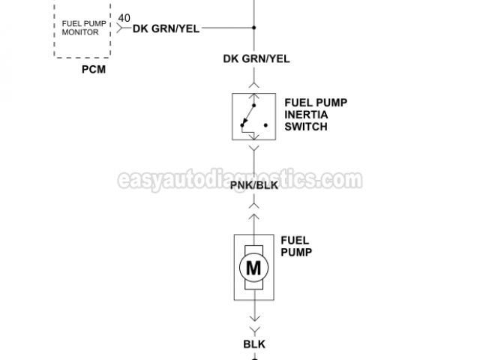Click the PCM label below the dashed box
point(94,70)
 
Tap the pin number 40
point(124,17)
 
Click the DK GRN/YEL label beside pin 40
point(166,28)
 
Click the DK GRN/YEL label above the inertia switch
point(256,58)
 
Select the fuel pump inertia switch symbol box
point(255,115)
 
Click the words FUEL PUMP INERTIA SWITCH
point(305,115)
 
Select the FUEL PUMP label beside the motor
point(296,247)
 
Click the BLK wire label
point(255,344)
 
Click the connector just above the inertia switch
point(256,84)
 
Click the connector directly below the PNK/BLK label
point(256,202)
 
